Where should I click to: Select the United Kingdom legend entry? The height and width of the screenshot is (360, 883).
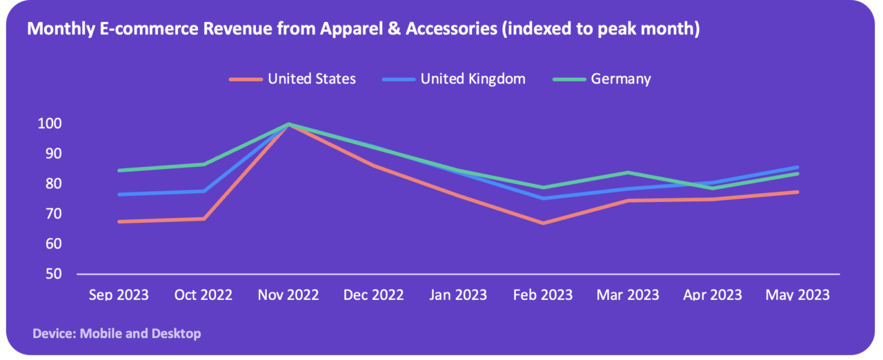tap(473, 79)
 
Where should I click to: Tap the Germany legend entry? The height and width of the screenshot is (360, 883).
tap(620, 79)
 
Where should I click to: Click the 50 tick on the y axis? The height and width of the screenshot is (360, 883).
tap(54, 274)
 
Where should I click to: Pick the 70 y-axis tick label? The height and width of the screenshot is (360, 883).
tap(54, 214)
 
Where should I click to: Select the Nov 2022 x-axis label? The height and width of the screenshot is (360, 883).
tap(288, 294)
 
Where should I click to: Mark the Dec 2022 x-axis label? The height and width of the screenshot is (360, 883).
tap(373, 294)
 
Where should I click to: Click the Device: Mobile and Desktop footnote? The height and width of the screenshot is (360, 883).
tap(117, 334)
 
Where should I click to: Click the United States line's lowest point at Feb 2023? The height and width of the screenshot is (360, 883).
tap(542, 223)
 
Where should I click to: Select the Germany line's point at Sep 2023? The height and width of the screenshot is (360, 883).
tap(119, 170)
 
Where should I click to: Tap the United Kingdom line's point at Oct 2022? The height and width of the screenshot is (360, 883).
tap(204, 191)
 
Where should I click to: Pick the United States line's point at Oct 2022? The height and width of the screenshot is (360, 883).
tap(204, 219)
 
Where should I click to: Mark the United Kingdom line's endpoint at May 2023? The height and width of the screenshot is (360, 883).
tap(797, 167)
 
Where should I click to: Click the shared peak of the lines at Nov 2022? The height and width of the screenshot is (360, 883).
tap(288, 124)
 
